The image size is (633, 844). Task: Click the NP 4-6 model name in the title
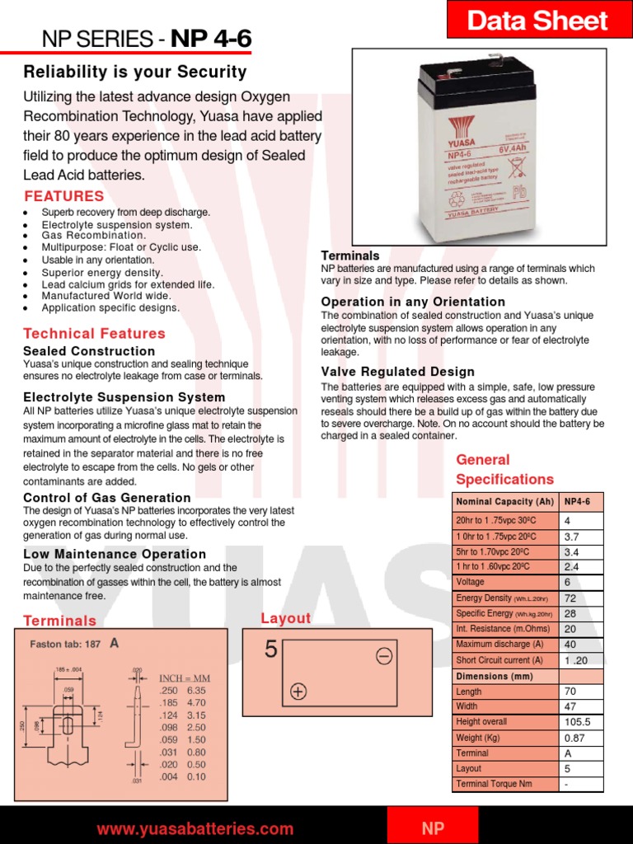coord(212,39)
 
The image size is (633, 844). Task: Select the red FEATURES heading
coord(64,196)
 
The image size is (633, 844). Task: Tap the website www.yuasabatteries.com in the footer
coord(195,828)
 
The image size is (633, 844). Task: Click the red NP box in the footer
coord(433,828)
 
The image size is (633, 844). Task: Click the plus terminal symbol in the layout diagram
coord(298,692)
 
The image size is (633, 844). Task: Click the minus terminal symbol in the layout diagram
coord(384,656)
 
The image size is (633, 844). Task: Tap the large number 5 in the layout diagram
coord(271,650)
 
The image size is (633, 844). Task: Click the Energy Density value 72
coord(570,598)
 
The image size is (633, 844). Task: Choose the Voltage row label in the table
coord(471,582)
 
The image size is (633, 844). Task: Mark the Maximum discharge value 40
coord(570,645)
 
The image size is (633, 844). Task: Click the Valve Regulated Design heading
coord(398,372)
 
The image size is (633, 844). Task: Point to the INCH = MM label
coord(185,678)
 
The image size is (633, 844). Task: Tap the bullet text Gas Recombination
coord(94,236)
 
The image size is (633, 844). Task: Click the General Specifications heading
coord(504,470)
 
